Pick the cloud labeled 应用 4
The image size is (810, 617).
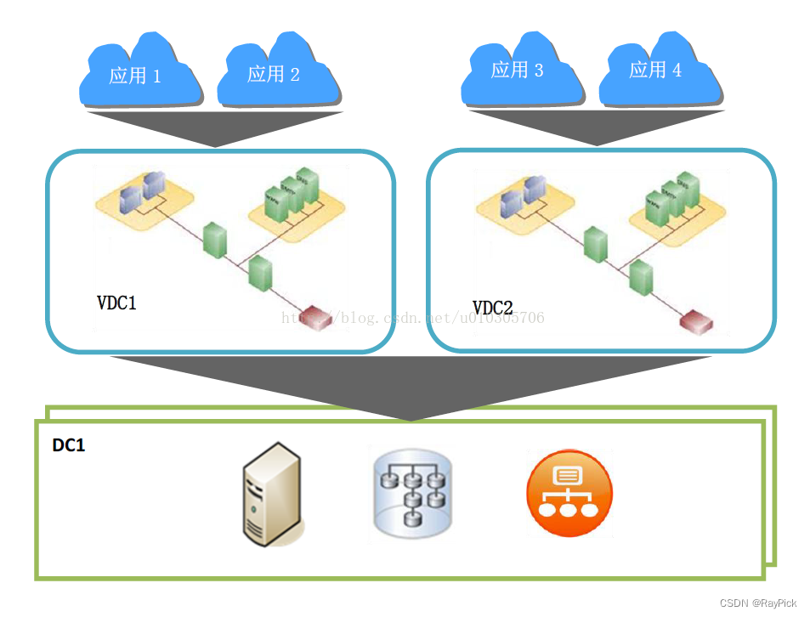point(657,70)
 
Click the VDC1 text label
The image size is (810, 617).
point(116,303)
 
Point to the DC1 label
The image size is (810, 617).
point(69,445)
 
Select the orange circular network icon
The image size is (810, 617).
point(569,494)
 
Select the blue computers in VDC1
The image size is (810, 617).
point(143,192)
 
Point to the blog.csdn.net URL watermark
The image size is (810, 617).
point(412,318)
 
